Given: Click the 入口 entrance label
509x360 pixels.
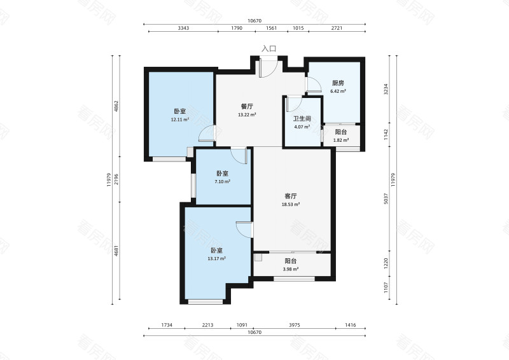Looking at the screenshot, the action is point(268,49).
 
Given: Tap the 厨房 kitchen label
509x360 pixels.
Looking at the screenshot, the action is point(338,83).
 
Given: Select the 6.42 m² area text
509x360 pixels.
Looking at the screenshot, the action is point(338,91).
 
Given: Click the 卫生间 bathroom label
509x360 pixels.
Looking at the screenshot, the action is point(302,119).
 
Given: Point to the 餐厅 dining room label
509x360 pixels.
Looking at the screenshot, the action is point(247,106).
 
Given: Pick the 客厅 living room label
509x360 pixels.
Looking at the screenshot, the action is point(291,196).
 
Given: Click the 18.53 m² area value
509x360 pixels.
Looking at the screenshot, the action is point(291,205).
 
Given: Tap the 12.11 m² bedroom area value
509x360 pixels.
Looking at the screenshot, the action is point(180,120).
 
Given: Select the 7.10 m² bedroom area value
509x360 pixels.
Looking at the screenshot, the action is point(222,182).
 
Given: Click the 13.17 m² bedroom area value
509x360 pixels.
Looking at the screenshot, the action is point(216,259).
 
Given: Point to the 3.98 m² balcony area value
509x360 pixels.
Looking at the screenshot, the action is point(291,269).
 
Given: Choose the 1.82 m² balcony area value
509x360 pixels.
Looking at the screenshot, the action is point(341,140).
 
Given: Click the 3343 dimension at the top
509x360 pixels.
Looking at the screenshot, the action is point(183,28).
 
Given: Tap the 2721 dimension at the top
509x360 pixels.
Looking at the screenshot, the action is point(337,28).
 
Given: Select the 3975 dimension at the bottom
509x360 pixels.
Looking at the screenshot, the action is point(295,325).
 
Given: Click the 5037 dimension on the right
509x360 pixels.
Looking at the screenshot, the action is point(386,198).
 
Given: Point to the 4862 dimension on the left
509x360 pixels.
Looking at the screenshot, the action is point(116,106).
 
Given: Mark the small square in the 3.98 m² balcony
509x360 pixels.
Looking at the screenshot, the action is point(258,258).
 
